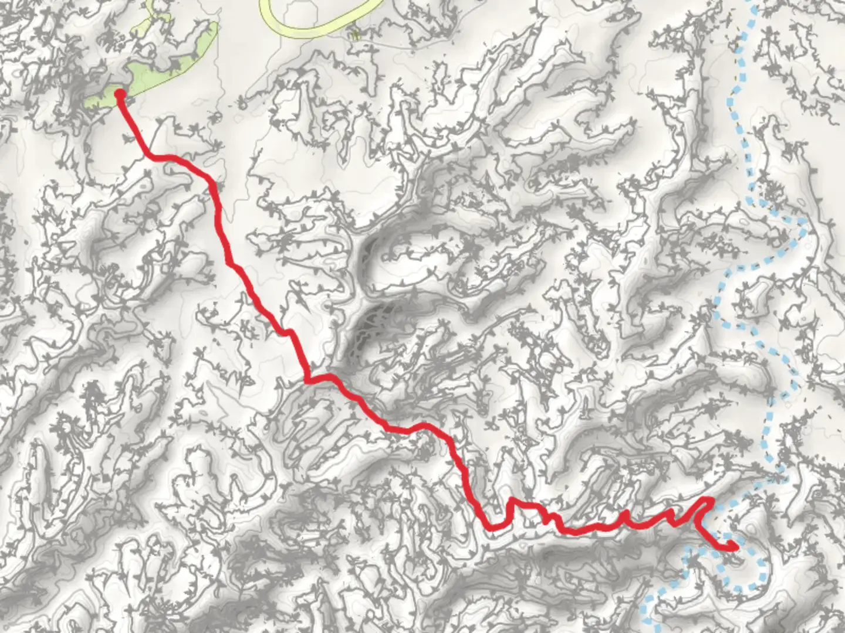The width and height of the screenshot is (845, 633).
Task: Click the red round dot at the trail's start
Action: click(119, 94)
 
